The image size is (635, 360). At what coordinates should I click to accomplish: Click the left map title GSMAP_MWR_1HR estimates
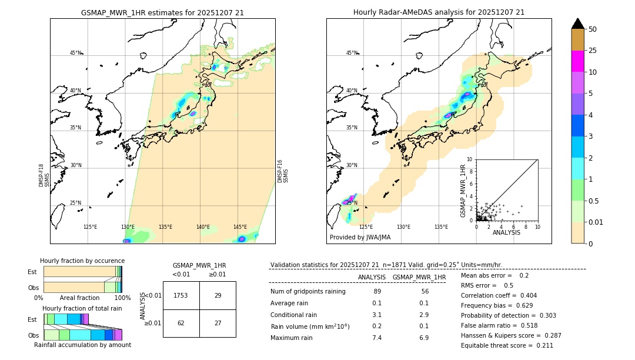click(x=162, y=12)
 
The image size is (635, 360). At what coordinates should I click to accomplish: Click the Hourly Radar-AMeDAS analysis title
click(x=439, y=12)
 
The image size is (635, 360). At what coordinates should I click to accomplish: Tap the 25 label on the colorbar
click(x=593, y=51)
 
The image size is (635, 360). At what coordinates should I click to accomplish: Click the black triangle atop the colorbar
click(x=578, y=24)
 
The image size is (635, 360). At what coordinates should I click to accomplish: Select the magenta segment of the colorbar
click(x=578, y=61)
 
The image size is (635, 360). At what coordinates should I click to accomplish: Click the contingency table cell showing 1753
click(x=181, y=295)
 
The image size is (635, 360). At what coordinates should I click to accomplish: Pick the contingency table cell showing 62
click(x=181, y=323)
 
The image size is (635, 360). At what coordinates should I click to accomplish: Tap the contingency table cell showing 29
click(x=218, y=295)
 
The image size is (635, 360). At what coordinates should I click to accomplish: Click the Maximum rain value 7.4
click(x=377, y=338)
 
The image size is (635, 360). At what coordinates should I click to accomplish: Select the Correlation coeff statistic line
click(x=499, y=295)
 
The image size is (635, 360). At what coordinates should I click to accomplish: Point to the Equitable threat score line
click(x=507, y=345)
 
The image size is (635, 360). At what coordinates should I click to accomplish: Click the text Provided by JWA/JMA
click(x=360, y=238)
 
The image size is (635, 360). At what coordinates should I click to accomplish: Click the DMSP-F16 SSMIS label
click(x=282, y=171)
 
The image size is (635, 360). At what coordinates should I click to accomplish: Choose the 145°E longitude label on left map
click(x=240, y=227)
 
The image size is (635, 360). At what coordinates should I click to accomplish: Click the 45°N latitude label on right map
click(x=352, y=53)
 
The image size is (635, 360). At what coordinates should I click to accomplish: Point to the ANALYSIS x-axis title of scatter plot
click(x=506, y=232)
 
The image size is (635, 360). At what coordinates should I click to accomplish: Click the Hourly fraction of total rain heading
click(x=82, y=308)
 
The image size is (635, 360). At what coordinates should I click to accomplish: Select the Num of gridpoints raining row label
click(x=308, y=292)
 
